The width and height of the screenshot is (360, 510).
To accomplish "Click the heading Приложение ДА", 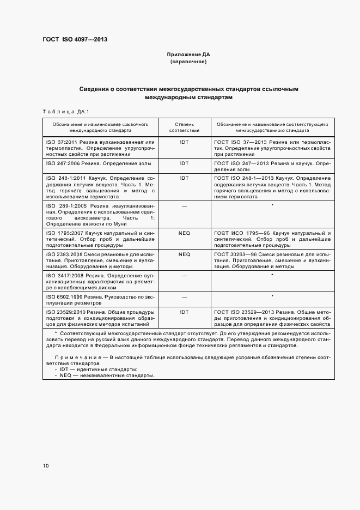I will click(188, 55).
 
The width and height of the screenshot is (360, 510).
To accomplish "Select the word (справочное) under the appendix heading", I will click(188, 62).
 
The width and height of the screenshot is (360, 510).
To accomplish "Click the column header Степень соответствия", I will click(184, 127).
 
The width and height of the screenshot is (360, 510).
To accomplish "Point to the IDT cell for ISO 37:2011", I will click(184, 142).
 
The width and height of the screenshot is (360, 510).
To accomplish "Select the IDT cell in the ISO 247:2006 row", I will click(184, 163).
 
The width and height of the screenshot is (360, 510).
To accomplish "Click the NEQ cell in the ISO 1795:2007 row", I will click(184, 233).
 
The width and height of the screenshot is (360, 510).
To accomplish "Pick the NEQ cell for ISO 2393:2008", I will click(184, 254).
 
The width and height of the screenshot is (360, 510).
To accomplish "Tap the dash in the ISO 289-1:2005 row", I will click(184, 205).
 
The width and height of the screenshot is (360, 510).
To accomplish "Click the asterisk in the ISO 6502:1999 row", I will click(271, 296).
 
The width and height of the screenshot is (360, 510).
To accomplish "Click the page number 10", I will click(46, 465).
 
